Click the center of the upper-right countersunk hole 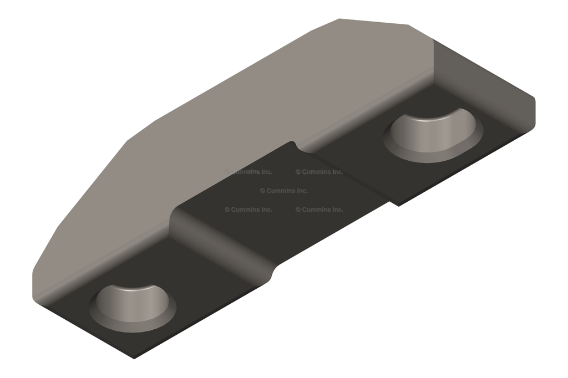434,133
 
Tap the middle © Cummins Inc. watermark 283,191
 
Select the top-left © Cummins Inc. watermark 248,172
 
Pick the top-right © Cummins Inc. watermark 319,172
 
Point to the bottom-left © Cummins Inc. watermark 248,210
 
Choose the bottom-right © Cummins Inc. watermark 319,210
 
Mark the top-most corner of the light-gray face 339,20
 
